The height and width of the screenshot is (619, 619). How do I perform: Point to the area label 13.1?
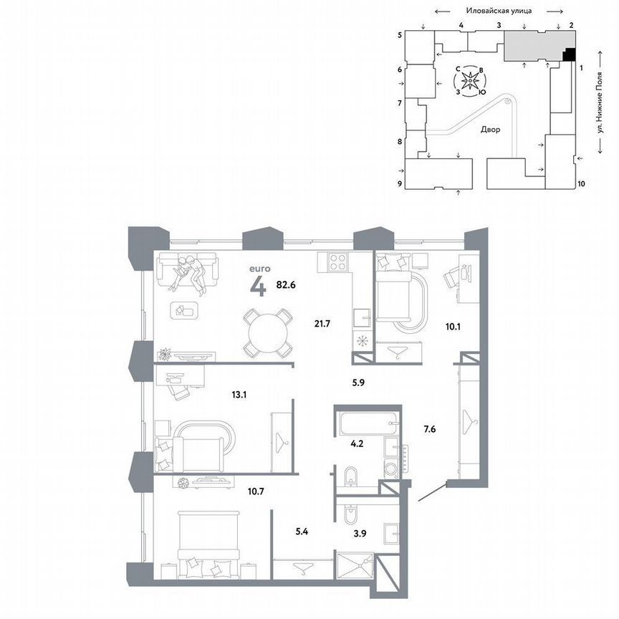point(219,393)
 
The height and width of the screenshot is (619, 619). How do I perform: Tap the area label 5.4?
point(304,532)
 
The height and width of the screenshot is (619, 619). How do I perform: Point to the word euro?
point(258,270)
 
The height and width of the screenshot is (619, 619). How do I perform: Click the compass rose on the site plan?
point(469,81)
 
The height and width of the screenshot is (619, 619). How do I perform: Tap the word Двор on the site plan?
point(490,130)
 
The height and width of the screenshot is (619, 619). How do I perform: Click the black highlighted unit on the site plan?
point(570,54)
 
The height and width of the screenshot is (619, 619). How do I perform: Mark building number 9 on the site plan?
point(400,183)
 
